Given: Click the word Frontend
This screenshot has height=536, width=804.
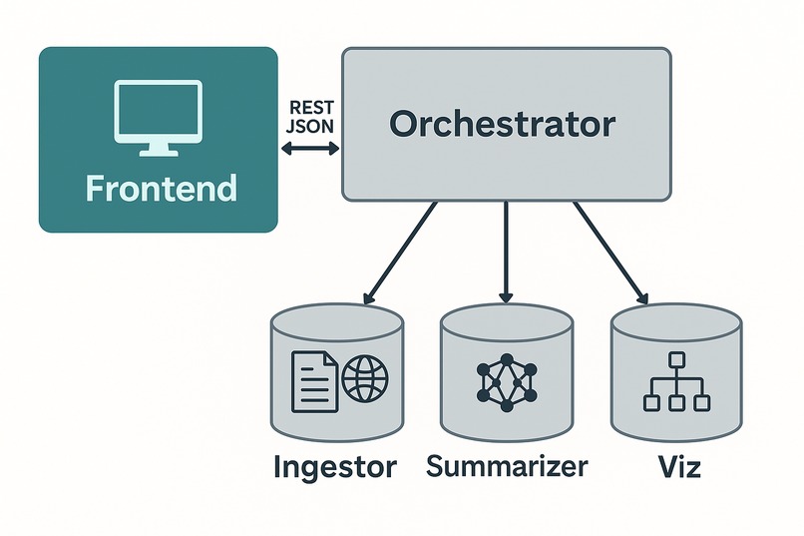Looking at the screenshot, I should pos(161,188).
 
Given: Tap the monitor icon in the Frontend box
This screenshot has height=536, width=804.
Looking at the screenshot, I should pos(160,115).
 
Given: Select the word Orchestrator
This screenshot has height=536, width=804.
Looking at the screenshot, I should pos(503,124).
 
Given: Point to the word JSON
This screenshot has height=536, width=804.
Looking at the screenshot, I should pos(309,128).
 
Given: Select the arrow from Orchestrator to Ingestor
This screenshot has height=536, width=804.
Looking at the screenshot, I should pos(401,252).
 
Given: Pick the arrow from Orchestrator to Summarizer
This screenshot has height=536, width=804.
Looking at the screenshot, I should pos(506,251).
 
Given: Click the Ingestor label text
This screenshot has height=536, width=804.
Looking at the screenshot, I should pos(335,467).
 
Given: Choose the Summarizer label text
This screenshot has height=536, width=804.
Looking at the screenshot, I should pos(507,466).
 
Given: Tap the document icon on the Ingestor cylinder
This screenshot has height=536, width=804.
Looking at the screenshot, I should pos(312,380).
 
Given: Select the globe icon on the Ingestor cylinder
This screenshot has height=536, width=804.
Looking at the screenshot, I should pos(364,380).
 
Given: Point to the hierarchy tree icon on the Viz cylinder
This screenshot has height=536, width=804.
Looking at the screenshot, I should pos(676,382).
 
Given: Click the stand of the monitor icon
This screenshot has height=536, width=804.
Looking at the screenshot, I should pos(160,149).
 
